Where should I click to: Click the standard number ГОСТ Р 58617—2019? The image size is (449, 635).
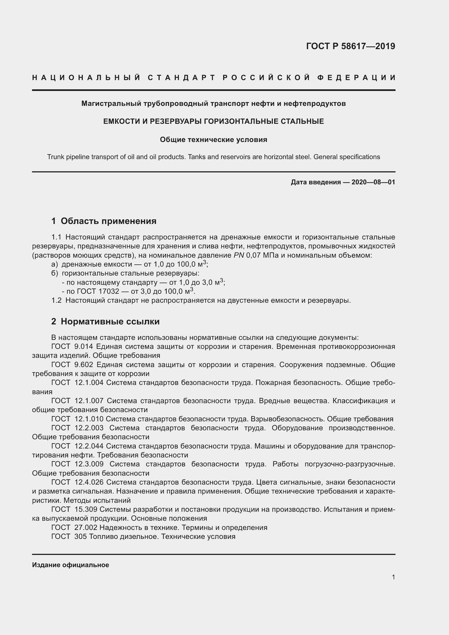(x=350, y=46)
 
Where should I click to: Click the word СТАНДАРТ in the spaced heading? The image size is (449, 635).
(x=181, y=78)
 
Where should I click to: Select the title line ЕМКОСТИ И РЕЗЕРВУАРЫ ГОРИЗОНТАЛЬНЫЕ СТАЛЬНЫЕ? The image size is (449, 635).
(x=213, y=121)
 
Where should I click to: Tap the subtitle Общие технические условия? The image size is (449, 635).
(x=213, y=140)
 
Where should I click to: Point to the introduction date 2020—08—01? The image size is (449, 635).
(x=373, y=182)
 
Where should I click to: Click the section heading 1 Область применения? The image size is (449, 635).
(x=104, y=221)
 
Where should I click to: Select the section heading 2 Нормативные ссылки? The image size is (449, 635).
(x=105, y=321)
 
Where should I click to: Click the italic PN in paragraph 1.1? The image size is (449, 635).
(x=239, y=255)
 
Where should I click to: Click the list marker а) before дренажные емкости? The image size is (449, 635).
(x=55, y=264)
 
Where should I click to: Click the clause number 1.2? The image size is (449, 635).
(x=56, y=300)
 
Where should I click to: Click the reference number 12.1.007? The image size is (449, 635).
(x=89, y=401)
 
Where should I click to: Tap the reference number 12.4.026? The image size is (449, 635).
(x=89, y=482)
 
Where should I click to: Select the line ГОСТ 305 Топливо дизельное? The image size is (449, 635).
(x=143, y=536)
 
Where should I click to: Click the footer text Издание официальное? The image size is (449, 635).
(x=71, y=565)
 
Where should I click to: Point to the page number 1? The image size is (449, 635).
(x=393, y=577)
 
